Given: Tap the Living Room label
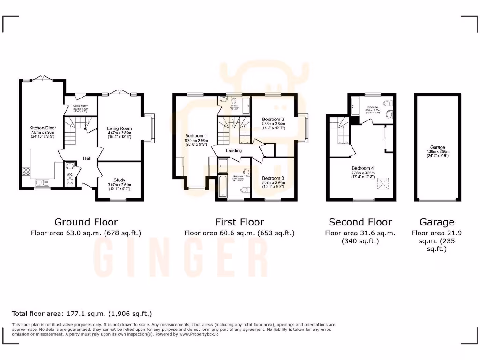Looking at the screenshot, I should click(x=120, y=128).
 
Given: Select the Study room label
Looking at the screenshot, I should click(x=119, y=180).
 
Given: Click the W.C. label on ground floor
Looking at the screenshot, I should click(x=69, y=174).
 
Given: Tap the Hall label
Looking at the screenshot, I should click(x=87, y=158).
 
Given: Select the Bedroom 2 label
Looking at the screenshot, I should click(x=273, y=119).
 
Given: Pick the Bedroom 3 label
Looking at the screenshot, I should click(x=273, y=178).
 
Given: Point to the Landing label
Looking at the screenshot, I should click(x=234, y=150).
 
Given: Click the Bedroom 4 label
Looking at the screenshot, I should click(x=363, y=168).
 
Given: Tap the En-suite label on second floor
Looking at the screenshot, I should click(x=373, y=107).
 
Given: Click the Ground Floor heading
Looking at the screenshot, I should click(x=86, y=222).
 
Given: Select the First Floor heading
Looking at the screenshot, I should click(x=240, y=222).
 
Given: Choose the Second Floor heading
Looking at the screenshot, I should click(x=360, y=222).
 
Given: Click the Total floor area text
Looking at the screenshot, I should click(x=82, y=313).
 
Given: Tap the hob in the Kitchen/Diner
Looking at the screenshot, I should click(x=25, y=171).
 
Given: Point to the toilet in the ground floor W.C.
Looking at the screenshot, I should click(x=70, y=182).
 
